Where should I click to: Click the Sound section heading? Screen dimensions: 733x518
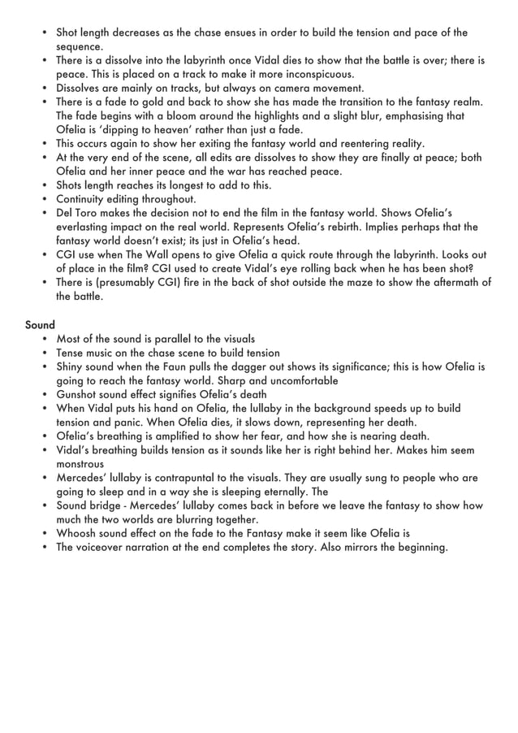tap(40, 324)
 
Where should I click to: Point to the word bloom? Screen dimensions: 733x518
tap(180, 115)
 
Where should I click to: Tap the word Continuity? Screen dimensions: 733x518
tap(84, 198)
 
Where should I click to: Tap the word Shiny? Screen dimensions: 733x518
tap(71, 366)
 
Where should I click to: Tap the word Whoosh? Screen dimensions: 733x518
tap(78, 533)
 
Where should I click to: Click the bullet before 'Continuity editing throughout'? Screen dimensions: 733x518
tap(44, 199)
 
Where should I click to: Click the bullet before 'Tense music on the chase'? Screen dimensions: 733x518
tap(44, 353)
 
